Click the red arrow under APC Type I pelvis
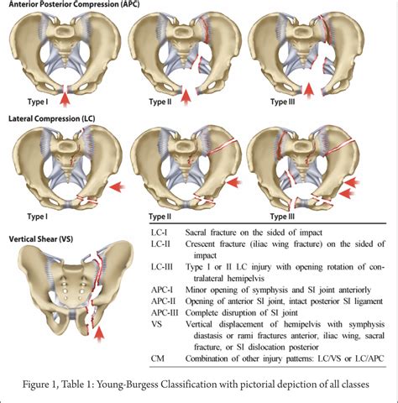point(65,99)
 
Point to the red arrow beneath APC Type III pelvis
point(308,91)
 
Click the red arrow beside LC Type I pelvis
point(117,186)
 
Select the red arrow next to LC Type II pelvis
point(234,183)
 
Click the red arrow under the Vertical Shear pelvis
point(99,334)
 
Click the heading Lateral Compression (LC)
point(52,118)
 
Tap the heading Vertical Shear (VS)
point(41,239)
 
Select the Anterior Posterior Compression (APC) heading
point(74,4)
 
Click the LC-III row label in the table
point(162,267)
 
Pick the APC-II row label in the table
point(164,301)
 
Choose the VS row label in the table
point(157,324)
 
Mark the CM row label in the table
point(158,359)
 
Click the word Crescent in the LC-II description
point(201,244)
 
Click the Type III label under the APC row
point(282,102)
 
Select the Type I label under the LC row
point(38,217)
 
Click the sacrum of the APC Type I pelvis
point(65,42)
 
